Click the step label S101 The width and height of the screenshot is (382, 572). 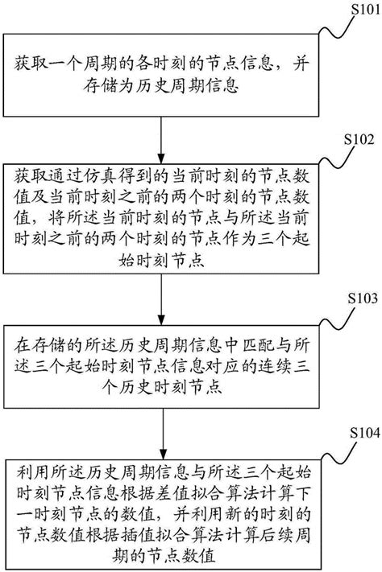[358, 11]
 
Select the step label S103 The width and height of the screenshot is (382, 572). [358, 298]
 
